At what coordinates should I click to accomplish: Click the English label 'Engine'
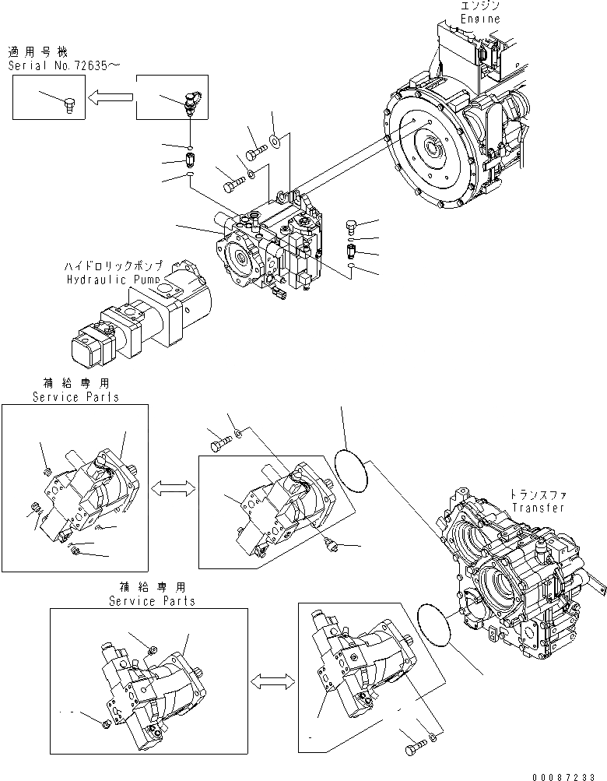point(480,18)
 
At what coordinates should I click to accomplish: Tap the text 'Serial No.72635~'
point(64,65)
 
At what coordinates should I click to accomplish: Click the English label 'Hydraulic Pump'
point(113,278)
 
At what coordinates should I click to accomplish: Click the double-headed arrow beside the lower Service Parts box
point(272,681)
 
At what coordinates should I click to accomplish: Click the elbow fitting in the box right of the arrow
point(191,100)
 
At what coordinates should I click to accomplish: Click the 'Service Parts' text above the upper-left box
point(75,397)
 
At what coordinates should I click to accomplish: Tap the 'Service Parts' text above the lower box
point(152,601)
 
